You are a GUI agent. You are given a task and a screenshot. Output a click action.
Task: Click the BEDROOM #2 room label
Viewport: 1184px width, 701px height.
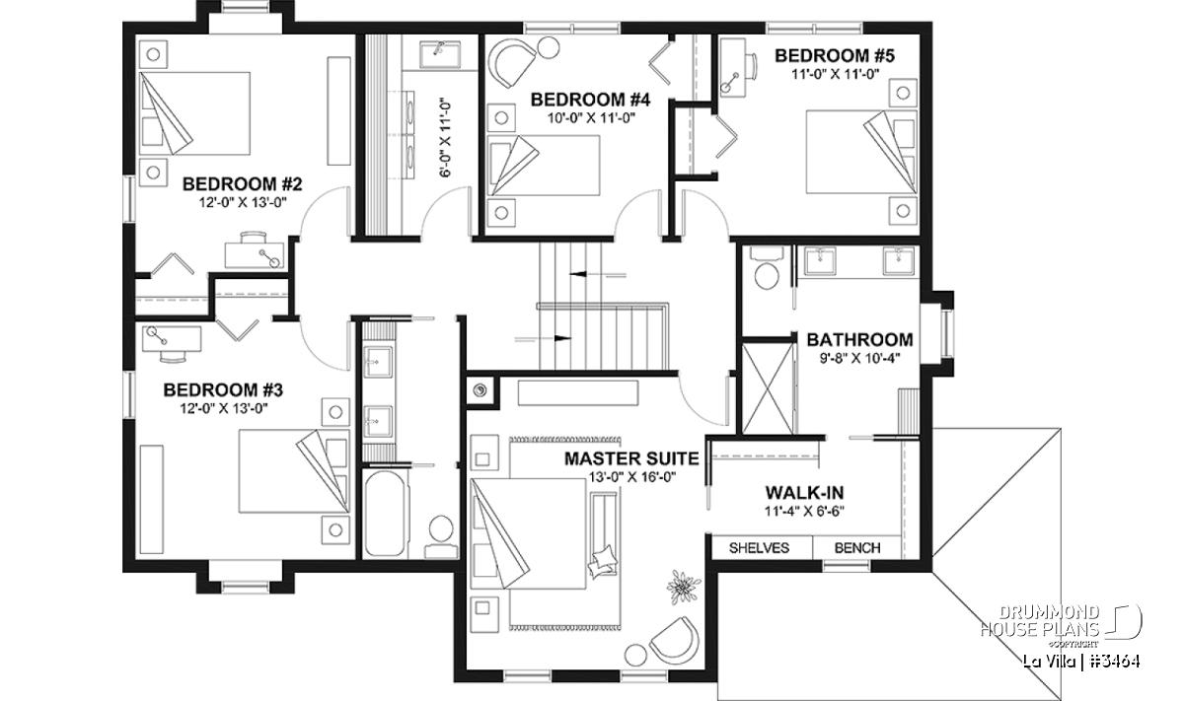coord(242,184)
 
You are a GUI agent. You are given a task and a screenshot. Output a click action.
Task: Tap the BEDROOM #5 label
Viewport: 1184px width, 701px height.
coord(835,55)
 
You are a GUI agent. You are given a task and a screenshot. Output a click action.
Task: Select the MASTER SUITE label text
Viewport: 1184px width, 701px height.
coord(631,458)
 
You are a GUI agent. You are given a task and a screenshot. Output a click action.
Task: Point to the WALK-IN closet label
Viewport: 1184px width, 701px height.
coord(804,493)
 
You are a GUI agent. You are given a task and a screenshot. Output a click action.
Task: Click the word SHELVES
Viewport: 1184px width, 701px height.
coord(759,548)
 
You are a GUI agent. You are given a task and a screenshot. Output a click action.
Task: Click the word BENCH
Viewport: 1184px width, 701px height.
coord(857,548)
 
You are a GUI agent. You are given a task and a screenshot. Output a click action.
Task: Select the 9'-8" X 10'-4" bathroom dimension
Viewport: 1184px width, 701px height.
coord(859,358)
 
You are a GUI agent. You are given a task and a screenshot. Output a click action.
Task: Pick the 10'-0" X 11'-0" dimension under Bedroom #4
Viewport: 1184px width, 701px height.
coord(590,117)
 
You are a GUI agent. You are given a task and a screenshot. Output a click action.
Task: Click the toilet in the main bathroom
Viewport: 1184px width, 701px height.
coord(766,269)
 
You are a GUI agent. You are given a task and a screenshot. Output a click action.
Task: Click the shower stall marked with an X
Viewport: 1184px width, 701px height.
coord(768,388)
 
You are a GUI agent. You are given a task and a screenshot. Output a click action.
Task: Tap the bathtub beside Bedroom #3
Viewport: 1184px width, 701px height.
coord(386,514)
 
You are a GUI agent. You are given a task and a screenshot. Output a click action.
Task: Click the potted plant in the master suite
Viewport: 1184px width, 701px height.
coord(684,587)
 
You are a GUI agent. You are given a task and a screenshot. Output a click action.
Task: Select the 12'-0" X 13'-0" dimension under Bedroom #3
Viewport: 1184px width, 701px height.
coord(223,408)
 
